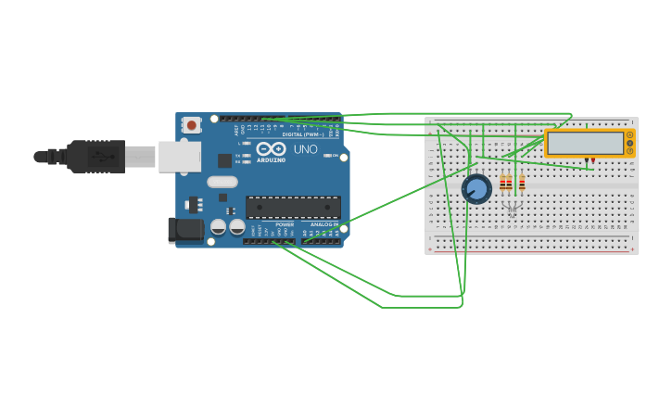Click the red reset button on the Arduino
(191, 124)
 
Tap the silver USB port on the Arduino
(180, 157)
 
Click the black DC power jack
(185, 230)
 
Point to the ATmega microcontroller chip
(293, 207)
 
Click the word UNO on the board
(306, 149)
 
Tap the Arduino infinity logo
(271, 148)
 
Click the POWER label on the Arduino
(285, 224)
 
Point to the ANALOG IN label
(324, 224)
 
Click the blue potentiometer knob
(476, 189)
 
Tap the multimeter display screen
(585, 143)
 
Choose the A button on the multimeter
(630, 135)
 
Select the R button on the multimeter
(630, 150)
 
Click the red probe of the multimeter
(593, 161)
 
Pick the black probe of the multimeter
(587, 161)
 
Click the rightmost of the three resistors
(522, 183)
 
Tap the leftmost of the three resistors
(502, 183)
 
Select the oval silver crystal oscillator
(222, 182)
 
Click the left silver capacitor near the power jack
(219, 226)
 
